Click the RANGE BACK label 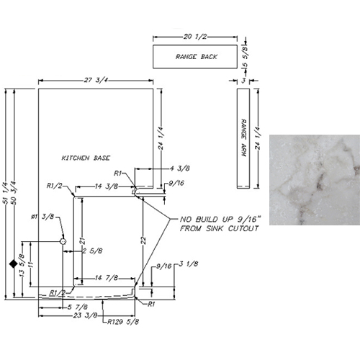pyautogui.click(x=197, y=57)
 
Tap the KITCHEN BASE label pyautogui.click(x=86, y=158)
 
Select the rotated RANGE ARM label pyautogui.click(x=244, y=138)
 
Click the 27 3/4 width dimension pyautogui.click(x=96, y=80)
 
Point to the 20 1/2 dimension pyautogui.click(x=195, y=37)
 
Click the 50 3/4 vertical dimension pyautogui.click(x=14, y=193)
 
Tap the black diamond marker pyautogui.click(x=14, y=264)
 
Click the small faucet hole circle pyautogui.click(x=63, y=241)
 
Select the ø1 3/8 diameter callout pyautogui.click(x=42, y=217)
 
